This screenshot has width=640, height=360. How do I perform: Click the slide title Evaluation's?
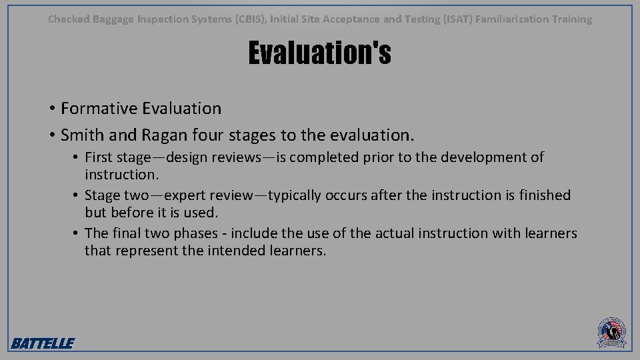tap(319, 54)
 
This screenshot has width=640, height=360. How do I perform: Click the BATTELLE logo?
tap(43, 343)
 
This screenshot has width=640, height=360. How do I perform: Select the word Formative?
tap(98, 108)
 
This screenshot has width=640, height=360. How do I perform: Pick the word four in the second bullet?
tap(205, 135)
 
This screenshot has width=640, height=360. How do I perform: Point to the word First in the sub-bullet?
tap(99, 158)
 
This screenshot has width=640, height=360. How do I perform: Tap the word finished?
tap(541, 195)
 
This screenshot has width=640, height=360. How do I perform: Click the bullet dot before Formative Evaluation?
tap(51, 109)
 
